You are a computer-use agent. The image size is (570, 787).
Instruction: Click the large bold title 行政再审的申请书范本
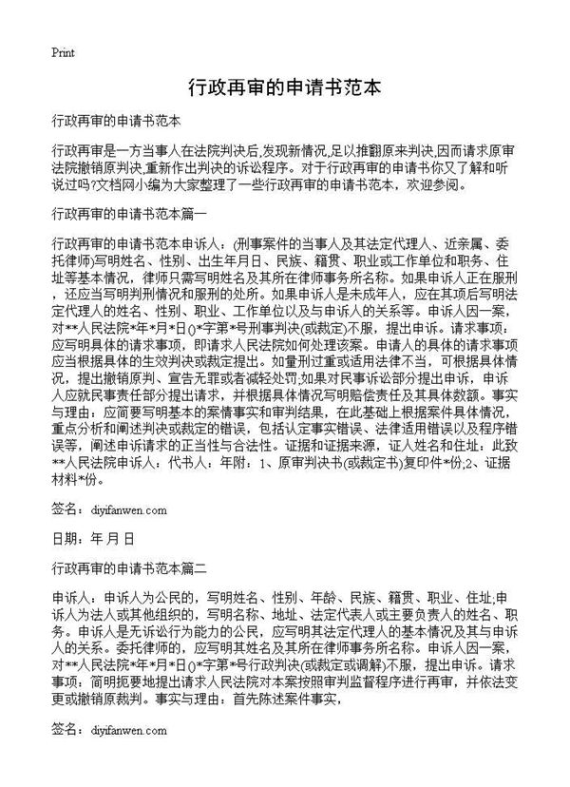(x=285, y=88)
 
